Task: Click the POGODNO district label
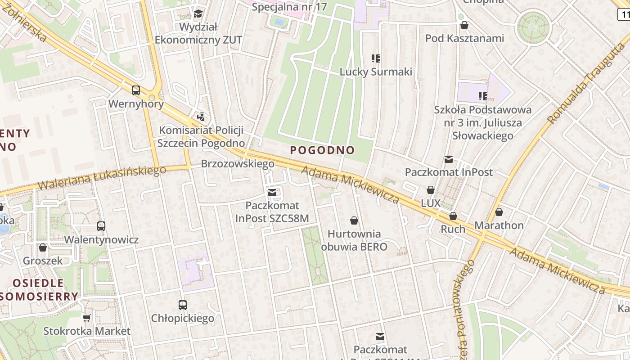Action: click(x=322, y=150)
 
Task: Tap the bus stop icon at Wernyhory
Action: click(x=136, y=90)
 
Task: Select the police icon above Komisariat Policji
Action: click(x=201, y=117)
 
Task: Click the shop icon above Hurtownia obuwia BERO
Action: click(x=354, y=220)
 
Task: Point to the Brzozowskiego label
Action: click(x=238, y=164)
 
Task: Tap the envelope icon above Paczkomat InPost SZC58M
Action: click(x=272, y=193)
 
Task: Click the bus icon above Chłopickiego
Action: click(x=182, y=305)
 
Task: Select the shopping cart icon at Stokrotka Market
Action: click(x=87, y=318)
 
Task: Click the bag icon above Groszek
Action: click(x=43, y=247)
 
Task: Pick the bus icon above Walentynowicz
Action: click(x=101, y=226)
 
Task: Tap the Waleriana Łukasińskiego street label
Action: click(x=102, y=178)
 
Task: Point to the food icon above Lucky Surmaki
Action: click(x=376, y=58)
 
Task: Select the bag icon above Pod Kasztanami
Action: click(x=464, y=25)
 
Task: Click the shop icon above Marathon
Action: click(x=499, y=211)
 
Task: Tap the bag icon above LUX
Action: click(x=431, y=190)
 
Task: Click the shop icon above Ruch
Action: click(x=453, y=216)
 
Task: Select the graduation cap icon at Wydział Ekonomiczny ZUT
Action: click(x=198, y=13)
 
